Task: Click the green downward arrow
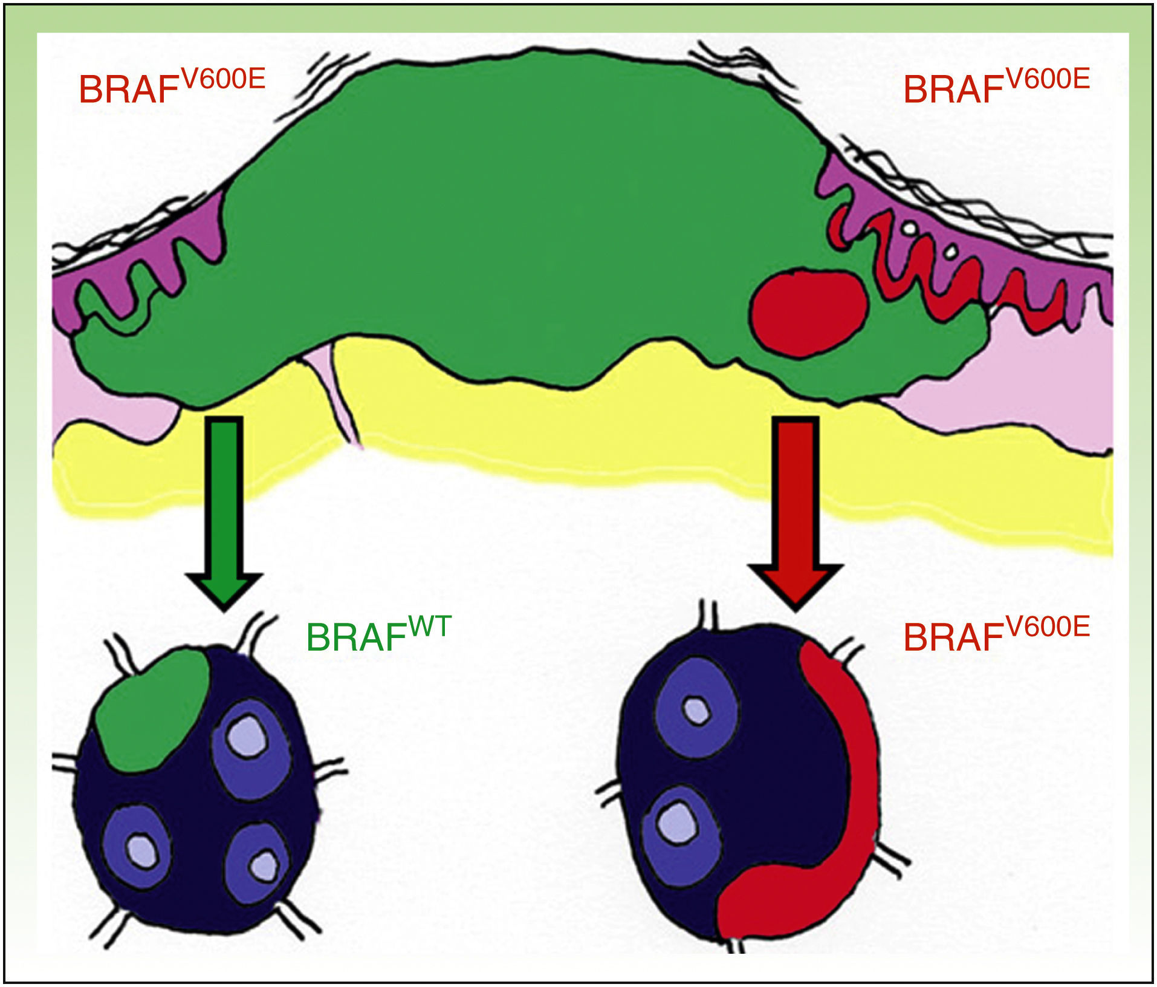coord(224,502)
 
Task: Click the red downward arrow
coord(796,502)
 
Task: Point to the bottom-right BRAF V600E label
coord(996,636)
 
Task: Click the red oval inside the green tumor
coord(808,311)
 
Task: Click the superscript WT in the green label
coord(430,627)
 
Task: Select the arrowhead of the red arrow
coord(796,584)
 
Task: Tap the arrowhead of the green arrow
coord(224,587)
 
